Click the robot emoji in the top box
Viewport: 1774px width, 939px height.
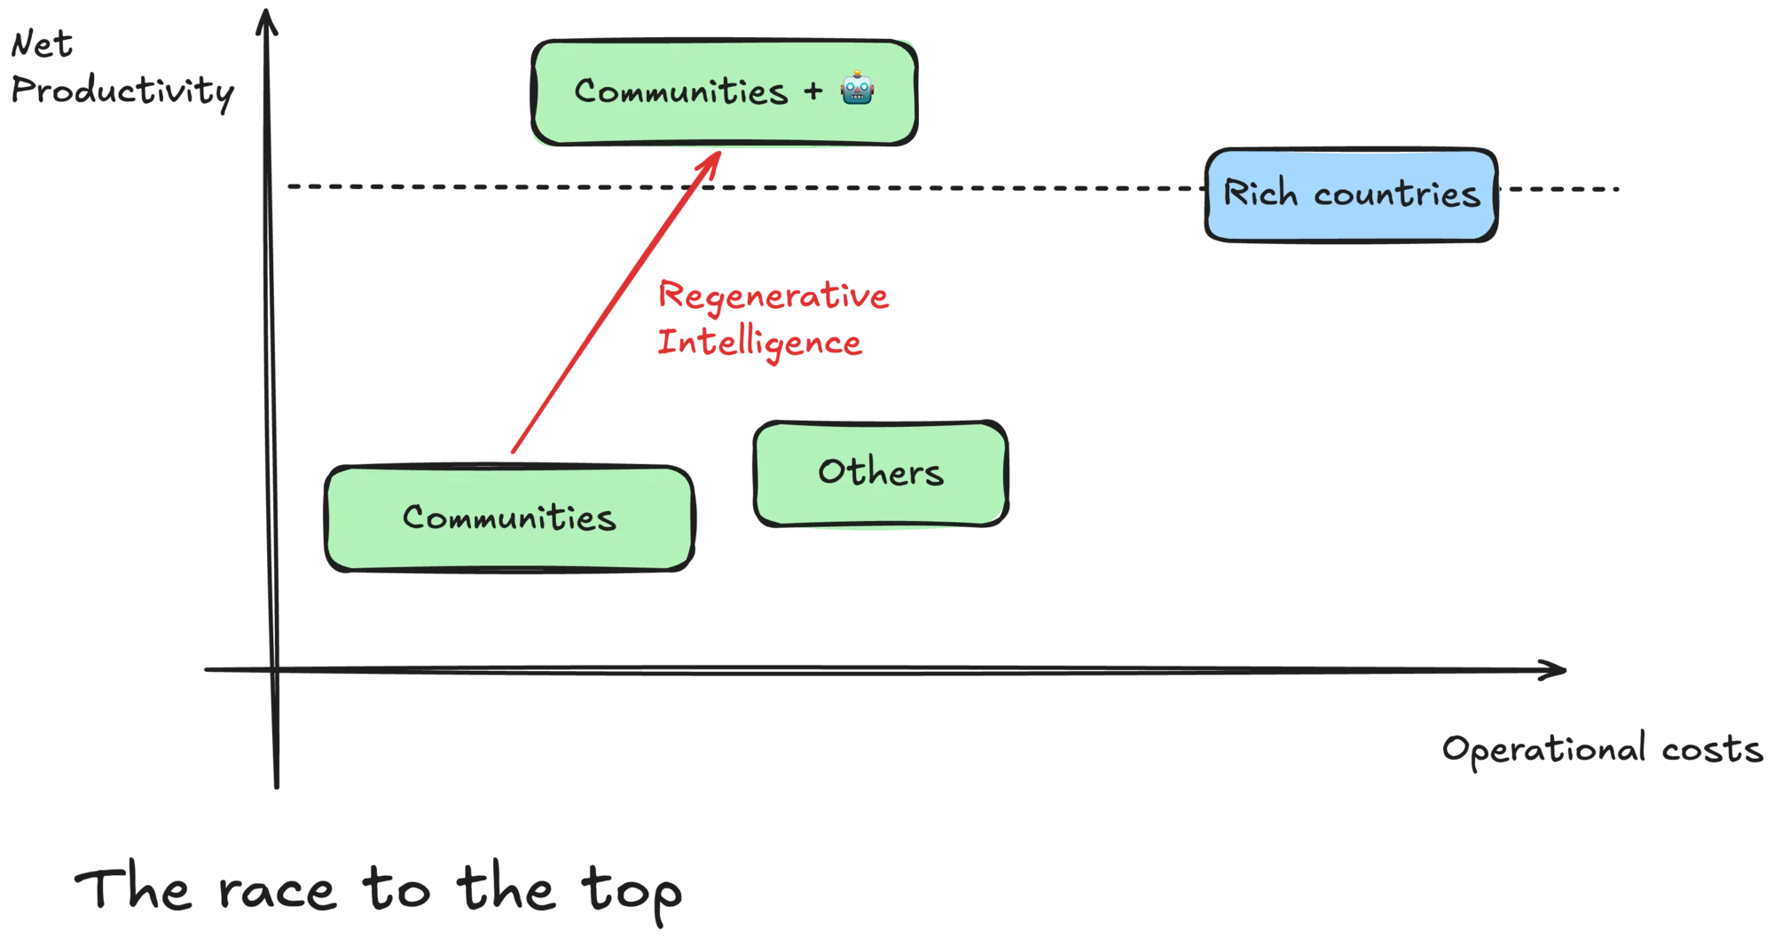[x=857, y=89]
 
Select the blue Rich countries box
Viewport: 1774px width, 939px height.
[x=1351, y=194]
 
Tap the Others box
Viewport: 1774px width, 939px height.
[x=881, y=474]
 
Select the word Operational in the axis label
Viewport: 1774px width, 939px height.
[x=1544, y=749]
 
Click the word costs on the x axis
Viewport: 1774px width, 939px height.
[x=1712, y=750]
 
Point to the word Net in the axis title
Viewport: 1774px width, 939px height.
[x=42, y=43]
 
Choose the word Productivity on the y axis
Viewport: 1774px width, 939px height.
[x=122, y=91]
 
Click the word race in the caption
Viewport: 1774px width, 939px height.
[x=278, y=891]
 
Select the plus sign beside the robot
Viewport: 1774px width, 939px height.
[x=813, y=91]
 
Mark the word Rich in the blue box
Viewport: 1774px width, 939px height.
[x=1260, y=193]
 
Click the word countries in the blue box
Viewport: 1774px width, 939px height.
[x=1397, y=194]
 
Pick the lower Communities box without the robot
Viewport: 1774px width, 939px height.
[x=509, y=518]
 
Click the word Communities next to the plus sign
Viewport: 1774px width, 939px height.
[x=681, y=91]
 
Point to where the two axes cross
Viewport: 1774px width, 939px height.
[x=274, y=670]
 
